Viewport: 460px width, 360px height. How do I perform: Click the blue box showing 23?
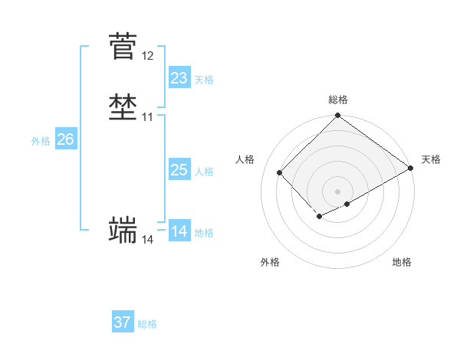point(179,78)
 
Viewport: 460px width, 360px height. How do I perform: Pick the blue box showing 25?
point(179,170)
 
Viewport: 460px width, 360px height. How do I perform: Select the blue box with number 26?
point(66,139)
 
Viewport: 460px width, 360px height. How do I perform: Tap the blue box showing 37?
point(123,322)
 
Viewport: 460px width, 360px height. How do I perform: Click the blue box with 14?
point(179,231)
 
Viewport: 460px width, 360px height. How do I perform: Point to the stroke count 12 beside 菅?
point(147,56)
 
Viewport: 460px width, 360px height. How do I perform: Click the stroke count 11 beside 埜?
point(147,117)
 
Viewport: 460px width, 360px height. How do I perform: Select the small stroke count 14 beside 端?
point(147,240)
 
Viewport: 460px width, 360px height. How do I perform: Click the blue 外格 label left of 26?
point(41,141)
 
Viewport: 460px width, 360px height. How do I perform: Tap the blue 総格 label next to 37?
point(147,324)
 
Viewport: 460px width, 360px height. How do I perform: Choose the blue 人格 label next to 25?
point(204,172)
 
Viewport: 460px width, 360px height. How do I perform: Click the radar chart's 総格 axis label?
point(338,100)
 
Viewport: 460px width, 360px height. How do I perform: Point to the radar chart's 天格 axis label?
point(431,159)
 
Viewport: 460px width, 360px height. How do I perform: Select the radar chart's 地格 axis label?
point(402,262)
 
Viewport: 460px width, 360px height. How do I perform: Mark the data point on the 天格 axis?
point(411,168)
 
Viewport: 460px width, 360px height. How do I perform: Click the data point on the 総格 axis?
point(338,116)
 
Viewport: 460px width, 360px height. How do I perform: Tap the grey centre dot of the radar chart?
point(338,191)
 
